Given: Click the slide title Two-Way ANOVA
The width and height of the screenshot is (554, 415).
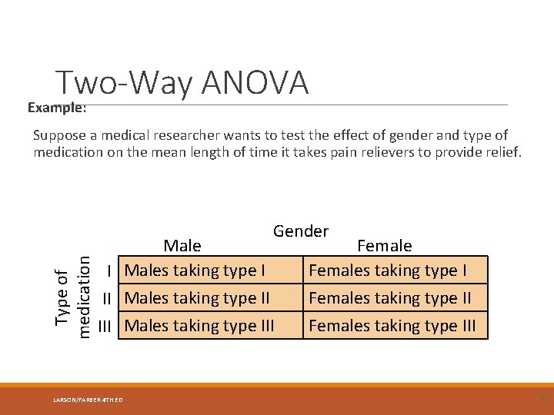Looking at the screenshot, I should point(182,83).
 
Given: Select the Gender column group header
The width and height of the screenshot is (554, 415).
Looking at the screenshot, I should point(300,231).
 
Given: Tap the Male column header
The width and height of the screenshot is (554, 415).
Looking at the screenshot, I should point(182,246).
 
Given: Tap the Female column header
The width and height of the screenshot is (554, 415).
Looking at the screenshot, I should point(384,246).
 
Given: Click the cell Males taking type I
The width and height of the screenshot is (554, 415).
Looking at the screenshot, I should point(195,271).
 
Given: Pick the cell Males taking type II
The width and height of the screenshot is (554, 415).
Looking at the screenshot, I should point(198,298).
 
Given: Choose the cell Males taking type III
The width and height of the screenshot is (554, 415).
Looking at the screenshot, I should point(199,326).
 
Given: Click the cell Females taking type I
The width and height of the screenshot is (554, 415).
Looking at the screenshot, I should point(387,271).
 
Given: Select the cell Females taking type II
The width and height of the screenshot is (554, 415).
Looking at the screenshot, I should point(389,298).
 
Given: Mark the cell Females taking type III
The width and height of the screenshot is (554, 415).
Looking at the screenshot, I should point(392,326).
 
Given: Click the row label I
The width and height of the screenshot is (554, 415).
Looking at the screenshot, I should point(112,271).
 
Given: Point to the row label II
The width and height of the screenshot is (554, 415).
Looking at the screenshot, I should point(109,298).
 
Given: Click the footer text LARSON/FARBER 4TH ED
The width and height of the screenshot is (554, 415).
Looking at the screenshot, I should point(88,399).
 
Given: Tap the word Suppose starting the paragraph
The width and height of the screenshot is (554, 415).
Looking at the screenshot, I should point(58,135).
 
